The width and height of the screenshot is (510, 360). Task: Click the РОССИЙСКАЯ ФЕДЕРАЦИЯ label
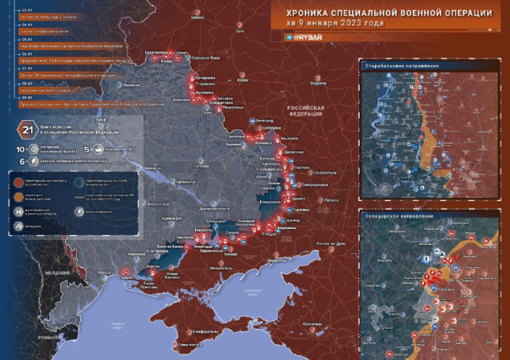tap(307, 112)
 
